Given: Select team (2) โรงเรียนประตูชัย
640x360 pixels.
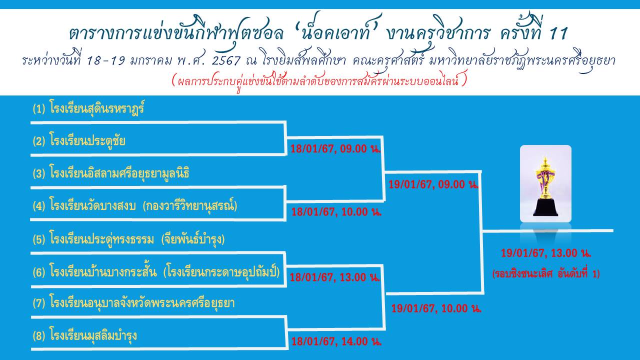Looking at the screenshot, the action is (79, 140).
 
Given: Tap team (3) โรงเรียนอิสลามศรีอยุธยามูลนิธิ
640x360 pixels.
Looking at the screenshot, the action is (111, 172).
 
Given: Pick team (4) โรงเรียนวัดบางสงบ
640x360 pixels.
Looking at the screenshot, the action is (135, 205).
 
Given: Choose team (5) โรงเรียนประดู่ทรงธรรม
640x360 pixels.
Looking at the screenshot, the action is (128, 238).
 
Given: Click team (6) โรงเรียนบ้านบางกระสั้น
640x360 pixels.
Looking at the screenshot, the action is (156, 271).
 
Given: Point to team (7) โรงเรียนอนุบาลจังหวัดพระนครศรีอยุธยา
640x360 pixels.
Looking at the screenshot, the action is (133, 303).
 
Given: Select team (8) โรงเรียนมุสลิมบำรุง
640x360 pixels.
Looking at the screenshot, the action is (84, 335).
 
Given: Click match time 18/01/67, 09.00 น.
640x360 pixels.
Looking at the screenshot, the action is (335, 148).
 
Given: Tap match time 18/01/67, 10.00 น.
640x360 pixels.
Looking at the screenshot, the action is (336, 211).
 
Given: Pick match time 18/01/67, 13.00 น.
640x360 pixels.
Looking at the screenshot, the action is (335, 277).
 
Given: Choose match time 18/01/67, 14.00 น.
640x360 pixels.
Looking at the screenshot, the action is (336, 341).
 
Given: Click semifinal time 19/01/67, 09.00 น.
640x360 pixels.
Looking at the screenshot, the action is (433, 184).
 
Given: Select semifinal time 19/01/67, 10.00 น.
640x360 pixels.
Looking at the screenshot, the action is (436, 308).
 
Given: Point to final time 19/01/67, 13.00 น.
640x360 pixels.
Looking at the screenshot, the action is (546, 253).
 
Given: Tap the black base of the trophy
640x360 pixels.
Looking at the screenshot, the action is (545, 207).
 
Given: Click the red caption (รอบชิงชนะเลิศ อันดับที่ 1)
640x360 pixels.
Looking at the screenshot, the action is (546, 273).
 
